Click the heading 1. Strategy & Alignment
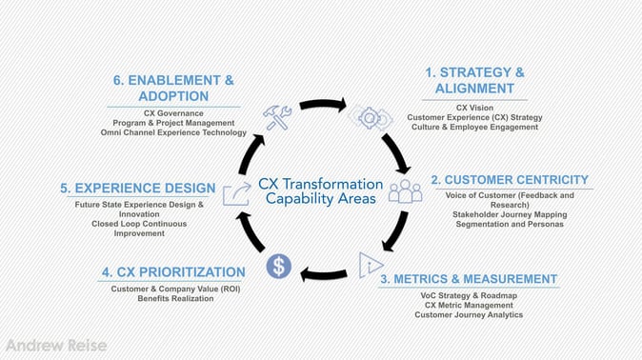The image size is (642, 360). pyautogui.click(x=474, y=80)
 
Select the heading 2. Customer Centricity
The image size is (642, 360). pyautogui.click(x=510, y=179)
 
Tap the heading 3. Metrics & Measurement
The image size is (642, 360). pyautogui.click(x=469, y=279)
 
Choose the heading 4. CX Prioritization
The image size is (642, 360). pyautogui.click(x=173, y=272)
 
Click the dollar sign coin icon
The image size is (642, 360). pyautogui.click(x=278, y=266)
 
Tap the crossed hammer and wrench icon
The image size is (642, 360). pyautogui.click(x=277, y=116)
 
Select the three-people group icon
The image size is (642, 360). pyautogui.click(x=405, y=190)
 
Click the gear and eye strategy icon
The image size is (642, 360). pyautogui.click(x=368, y=117)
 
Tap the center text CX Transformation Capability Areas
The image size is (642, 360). pyautogui.click(x=321, y=190)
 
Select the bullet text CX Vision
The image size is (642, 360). pyautogui.click(x=474, y=108)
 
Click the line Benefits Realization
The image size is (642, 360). pyautogui.click(x=174, y=299)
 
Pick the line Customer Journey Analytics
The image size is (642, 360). pyautogui.click(x=469, y=315)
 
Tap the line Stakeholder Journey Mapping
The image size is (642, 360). pyautogui.click(x=510, y=214)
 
